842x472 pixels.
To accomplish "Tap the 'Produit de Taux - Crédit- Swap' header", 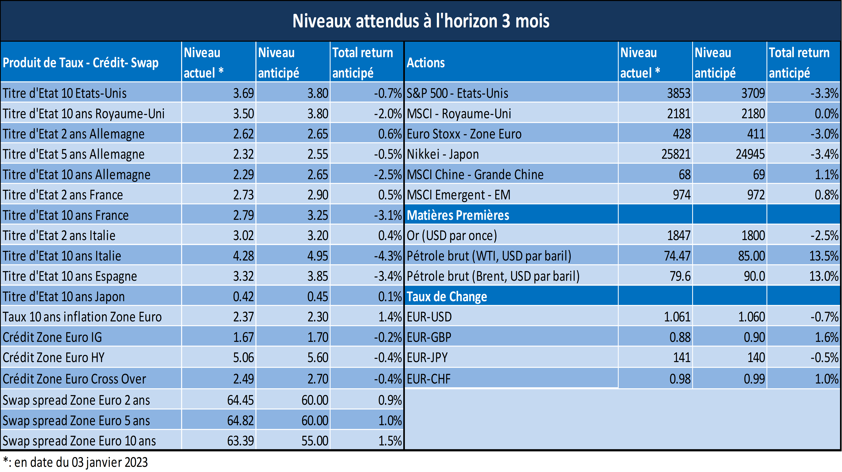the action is [81, 62].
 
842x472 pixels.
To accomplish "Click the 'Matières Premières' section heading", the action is [458, 215].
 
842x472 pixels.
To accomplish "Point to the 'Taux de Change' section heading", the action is [447, 297].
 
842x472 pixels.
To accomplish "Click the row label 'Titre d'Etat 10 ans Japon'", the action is [64, 297].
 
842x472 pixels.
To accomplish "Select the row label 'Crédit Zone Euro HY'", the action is [54, 358].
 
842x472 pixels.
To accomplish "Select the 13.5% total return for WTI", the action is [824, 256].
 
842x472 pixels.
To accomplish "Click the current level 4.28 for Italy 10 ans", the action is [243, 256].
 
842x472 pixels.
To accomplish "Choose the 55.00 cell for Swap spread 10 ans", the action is [315, 441].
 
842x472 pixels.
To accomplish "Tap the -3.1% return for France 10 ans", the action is [388, 215].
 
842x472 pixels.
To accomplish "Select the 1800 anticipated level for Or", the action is [753, 235].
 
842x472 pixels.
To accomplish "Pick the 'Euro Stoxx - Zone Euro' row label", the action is [464, 134].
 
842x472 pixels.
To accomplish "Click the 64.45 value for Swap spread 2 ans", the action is [241, 400].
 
